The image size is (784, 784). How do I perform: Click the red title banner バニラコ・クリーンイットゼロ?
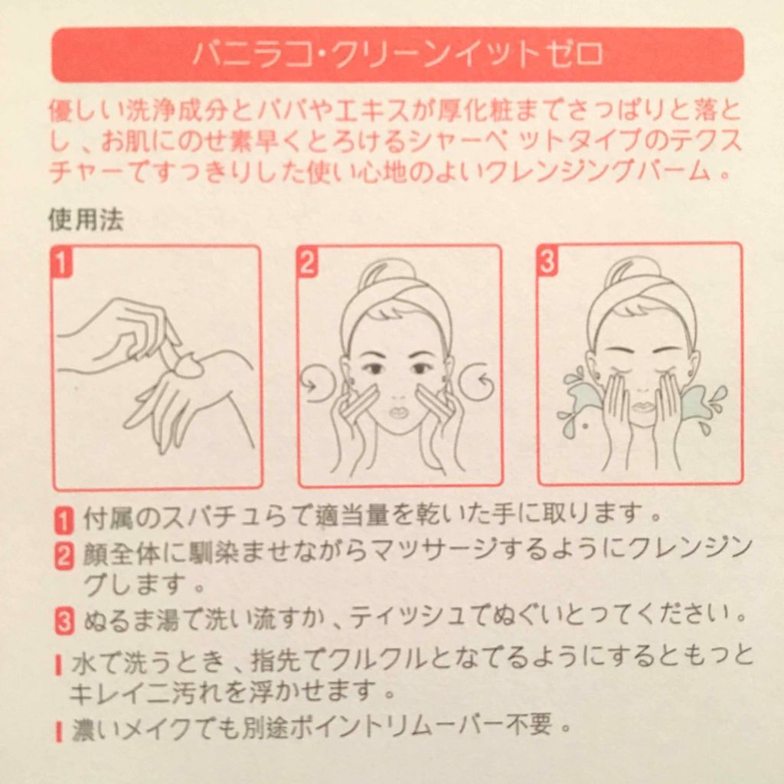(x=397, y=55)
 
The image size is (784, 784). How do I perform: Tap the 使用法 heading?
(x=86, y=220)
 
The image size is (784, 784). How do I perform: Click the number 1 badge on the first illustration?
(x=62, y=263)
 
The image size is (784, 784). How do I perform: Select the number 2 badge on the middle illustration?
(x=308, y=263)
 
